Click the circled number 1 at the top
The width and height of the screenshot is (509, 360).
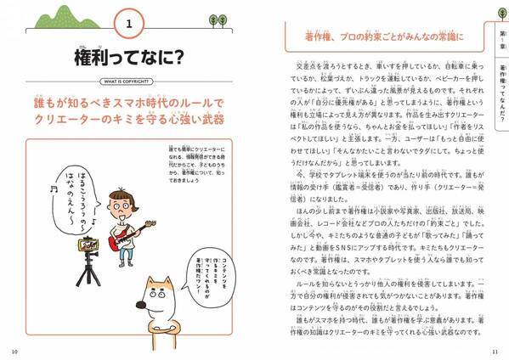[x=127, y=25]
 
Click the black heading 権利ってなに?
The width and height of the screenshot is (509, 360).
[x=127, y=59]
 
